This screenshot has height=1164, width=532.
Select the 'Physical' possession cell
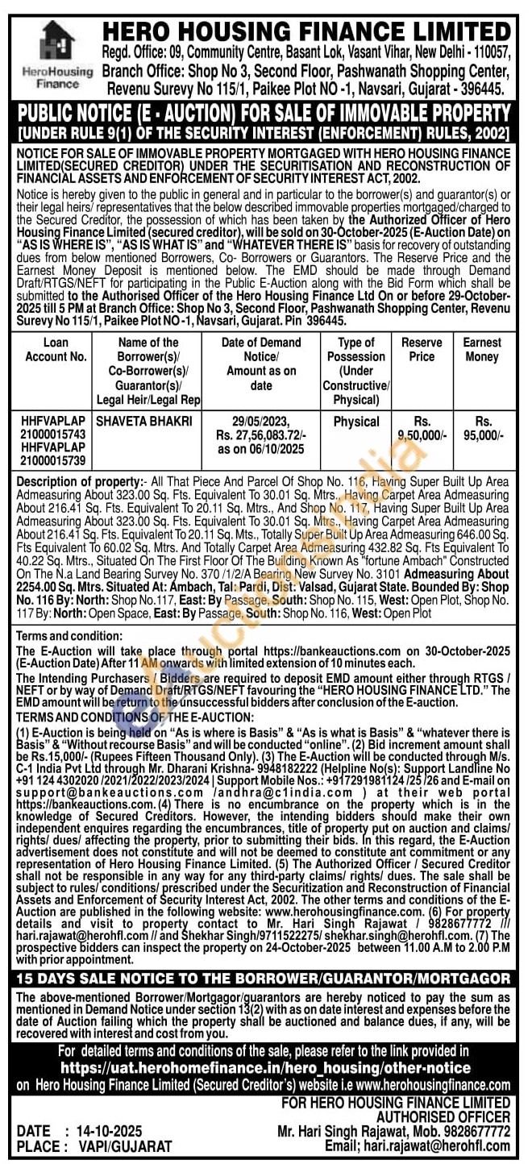click(356, 421)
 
